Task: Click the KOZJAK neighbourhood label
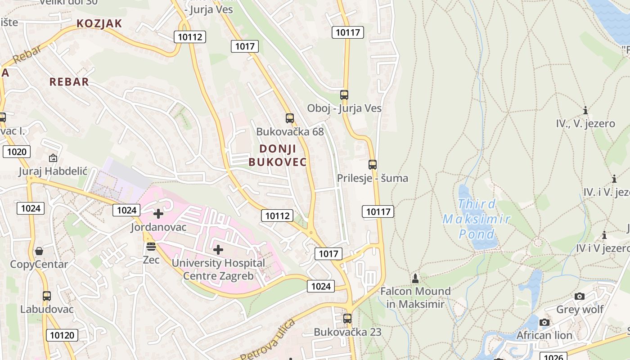[99, 23]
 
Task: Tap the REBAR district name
[69, 82]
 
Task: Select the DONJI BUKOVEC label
[278, 155]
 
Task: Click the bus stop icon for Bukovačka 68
[290, 118]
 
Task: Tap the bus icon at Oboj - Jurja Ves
[344, 95]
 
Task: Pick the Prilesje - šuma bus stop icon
[373, 165]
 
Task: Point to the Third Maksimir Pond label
[477, 219]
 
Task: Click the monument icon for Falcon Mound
[415, 278]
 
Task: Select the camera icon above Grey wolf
[580, 296]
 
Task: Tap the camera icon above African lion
[544, 322]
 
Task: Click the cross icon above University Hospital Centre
[218, 249]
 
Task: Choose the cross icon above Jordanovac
[158, 214]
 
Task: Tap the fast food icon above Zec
[151, 246]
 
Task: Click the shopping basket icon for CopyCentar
[39, 251]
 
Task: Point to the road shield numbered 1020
[17, 152]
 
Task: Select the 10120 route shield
[62, 335]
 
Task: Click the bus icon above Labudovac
[47, 296]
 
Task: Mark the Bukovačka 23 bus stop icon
[347, 319]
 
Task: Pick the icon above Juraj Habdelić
[53, 158]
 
